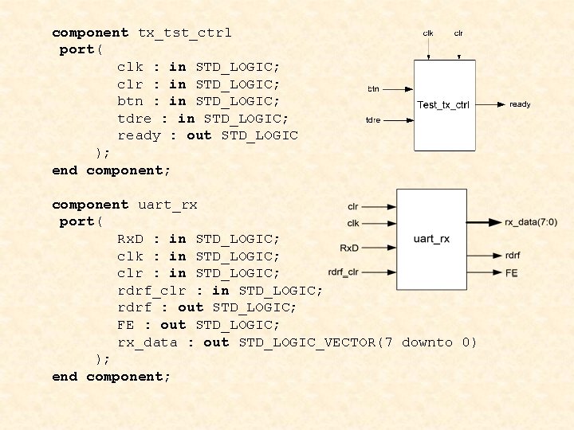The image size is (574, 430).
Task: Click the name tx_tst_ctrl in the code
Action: point(185,33)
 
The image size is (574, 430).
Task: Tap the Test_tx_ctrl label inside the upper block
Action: point(443,105)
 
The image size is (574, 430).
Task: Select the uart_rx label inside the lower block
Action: point(431,239)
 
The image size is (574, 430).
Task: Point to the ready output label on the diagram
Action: point(520,104)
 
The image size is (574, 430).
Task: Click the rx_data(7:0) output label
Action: point(531,221)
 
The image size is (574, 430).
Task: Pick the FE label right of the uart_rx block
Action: point(511,272)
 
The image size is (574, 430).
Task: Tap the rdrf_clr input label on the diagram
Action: point(343,273)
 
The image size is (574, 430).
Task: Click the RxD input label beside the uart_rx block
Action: point(349,248)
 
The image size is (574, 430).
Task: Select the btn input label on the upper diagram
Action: point(373,88)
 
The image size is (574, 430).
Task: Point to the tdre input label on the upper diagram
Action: point(372,120)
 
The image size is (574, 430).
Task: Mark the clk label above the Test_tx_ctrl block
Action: point(428,33)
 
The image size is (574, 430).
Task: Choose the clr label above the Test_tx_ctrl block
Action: point(458,33)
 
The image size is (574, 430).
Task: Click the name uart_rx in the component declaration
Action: point(167,205)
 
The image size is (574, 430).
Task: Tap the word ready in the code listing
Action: point(139,135)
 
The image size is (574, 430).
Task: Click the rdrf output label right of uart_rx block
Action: point(513,256)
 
